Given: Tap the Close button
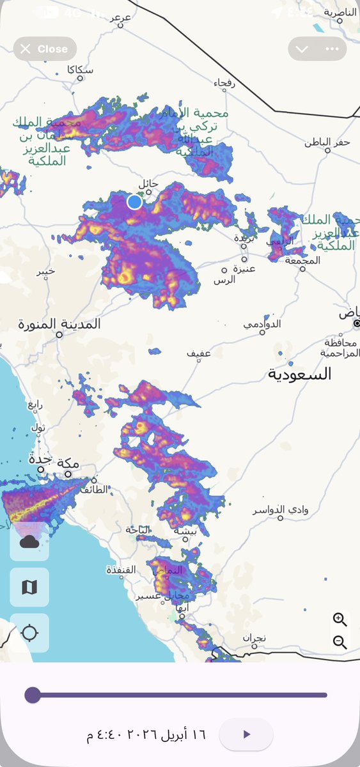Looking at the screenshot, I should (x=45, y=49).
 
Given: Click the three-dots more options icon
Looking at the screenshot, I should (x=331, y=49).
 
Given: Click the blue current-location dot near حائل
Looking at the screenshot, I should (x=134, y=202).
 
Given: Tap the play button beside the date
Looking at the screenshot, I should (x=246, y=734).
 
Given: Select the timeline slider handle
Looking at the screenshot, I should (x=33, y=695).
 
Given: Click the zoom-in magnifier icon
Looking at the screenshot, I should (x=340, y=619).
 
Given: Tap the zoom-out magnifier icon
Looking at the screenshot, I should (x=340, y=642).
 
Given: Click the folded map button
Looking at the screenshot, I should (x=29, y=587).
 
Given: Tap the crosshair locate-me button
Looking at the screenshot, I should (x=29, y=633).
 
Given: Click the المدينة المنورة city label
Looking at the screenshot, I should (x=59, y=323).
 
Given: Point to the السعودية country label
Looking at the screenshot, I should (x=300, y=374).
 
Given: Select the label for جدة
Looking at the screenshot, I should (x=40, y=459).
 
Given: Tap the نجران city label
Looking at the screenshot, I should (x=254, y=638).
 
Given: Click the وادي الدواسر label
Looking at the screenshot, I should (x=280, y=510).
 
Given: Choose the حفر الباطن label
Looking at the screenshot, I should (x=327, y=141).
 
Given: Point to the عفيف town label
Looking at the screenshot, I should (x=199, y=353).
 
